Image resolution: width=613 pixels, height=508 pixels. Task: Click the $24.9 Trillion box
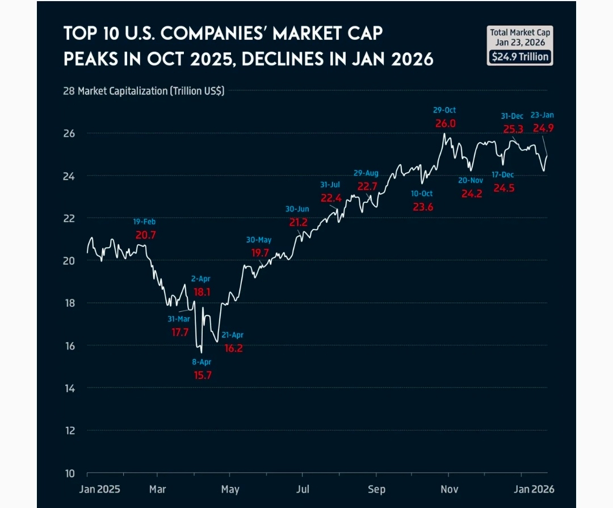[x=519, y=57]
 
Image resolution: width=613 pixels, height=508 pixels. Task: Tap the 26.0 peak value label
[x=445, y=123]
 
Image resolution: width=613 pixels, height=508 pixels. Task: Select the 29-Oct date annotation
[x=444, y=110]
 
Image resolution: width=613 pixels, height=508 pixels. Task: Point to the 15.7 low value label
[x=202, y=375]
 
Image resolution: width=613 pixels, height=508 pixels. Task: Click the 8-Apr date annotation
[x=201, y=361]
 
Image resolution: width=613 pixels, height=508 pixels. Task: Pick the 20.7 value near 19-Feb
[x=145, y=234]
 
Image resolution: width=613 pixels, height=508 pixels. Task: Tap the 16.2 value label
[x=233, y=348]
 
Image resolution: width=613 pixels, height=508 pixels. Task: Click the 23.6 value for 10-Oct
[x=423, y=207]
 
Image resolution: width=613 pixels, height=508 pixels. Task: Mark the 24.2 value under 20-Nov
[x=471, y=194]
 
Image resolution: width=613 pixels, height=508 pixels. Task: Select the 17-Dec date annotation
[x=503, y=174]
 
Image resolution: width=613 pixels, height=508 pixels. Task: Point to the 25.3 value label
[x=513, y=129]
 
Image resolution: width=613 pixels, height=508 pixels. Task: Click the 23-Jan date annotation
[x=543, y=115]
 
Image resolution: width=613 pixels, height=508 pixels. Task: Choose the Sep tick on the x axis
[x=376, y=489]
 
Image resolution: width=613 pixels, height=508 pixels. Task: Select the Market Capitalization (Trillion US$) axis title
[x=151, y=91]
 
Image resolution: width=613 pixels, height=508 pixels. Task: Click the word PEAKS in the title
[x=88, y=58]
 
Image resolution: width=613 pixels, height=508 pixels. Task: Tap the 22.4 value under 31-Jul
[x=331, y=198]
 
